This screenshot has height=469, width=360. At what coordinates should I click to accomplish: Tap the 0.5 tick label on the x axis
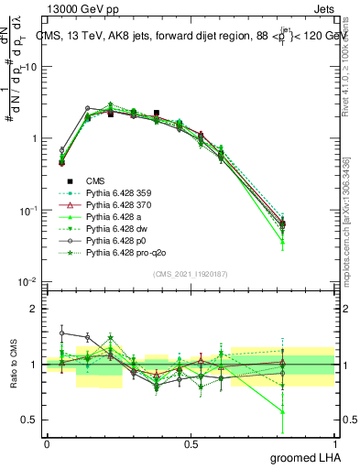tap(191, 443)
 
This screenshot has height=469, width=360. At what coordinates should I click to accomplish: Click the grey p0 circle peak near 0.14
tap(87, 108)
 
